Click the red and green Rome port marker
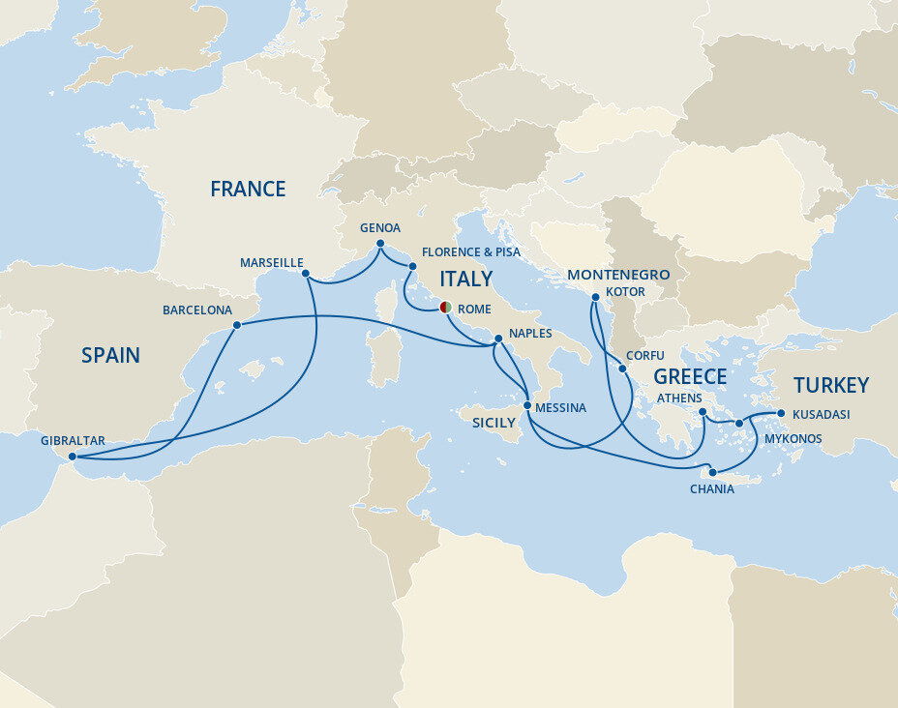(445, 308)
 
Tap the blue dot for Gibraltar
(73, 457)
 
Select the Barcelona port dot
(237, 326)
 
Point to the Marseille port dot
(306, 274)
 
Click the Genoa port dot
(380, 244)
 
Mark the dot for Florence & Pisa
(413, 266)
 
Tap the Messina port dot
(527, 406)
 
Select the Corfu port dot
(623, 369)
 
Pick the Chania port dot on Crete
(713, 472)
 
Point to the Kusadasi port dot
(781, 414)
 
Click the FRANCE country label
(248, 190)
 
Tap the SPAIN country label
(110, 356)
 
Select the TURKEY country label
(830, 385)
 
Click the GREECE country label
(690, 376)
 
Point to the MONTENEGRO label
(618, 275)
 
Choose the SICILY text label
(494, 423)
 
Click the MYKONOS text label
(793, 439)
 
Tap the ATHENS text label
(678, 398)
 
